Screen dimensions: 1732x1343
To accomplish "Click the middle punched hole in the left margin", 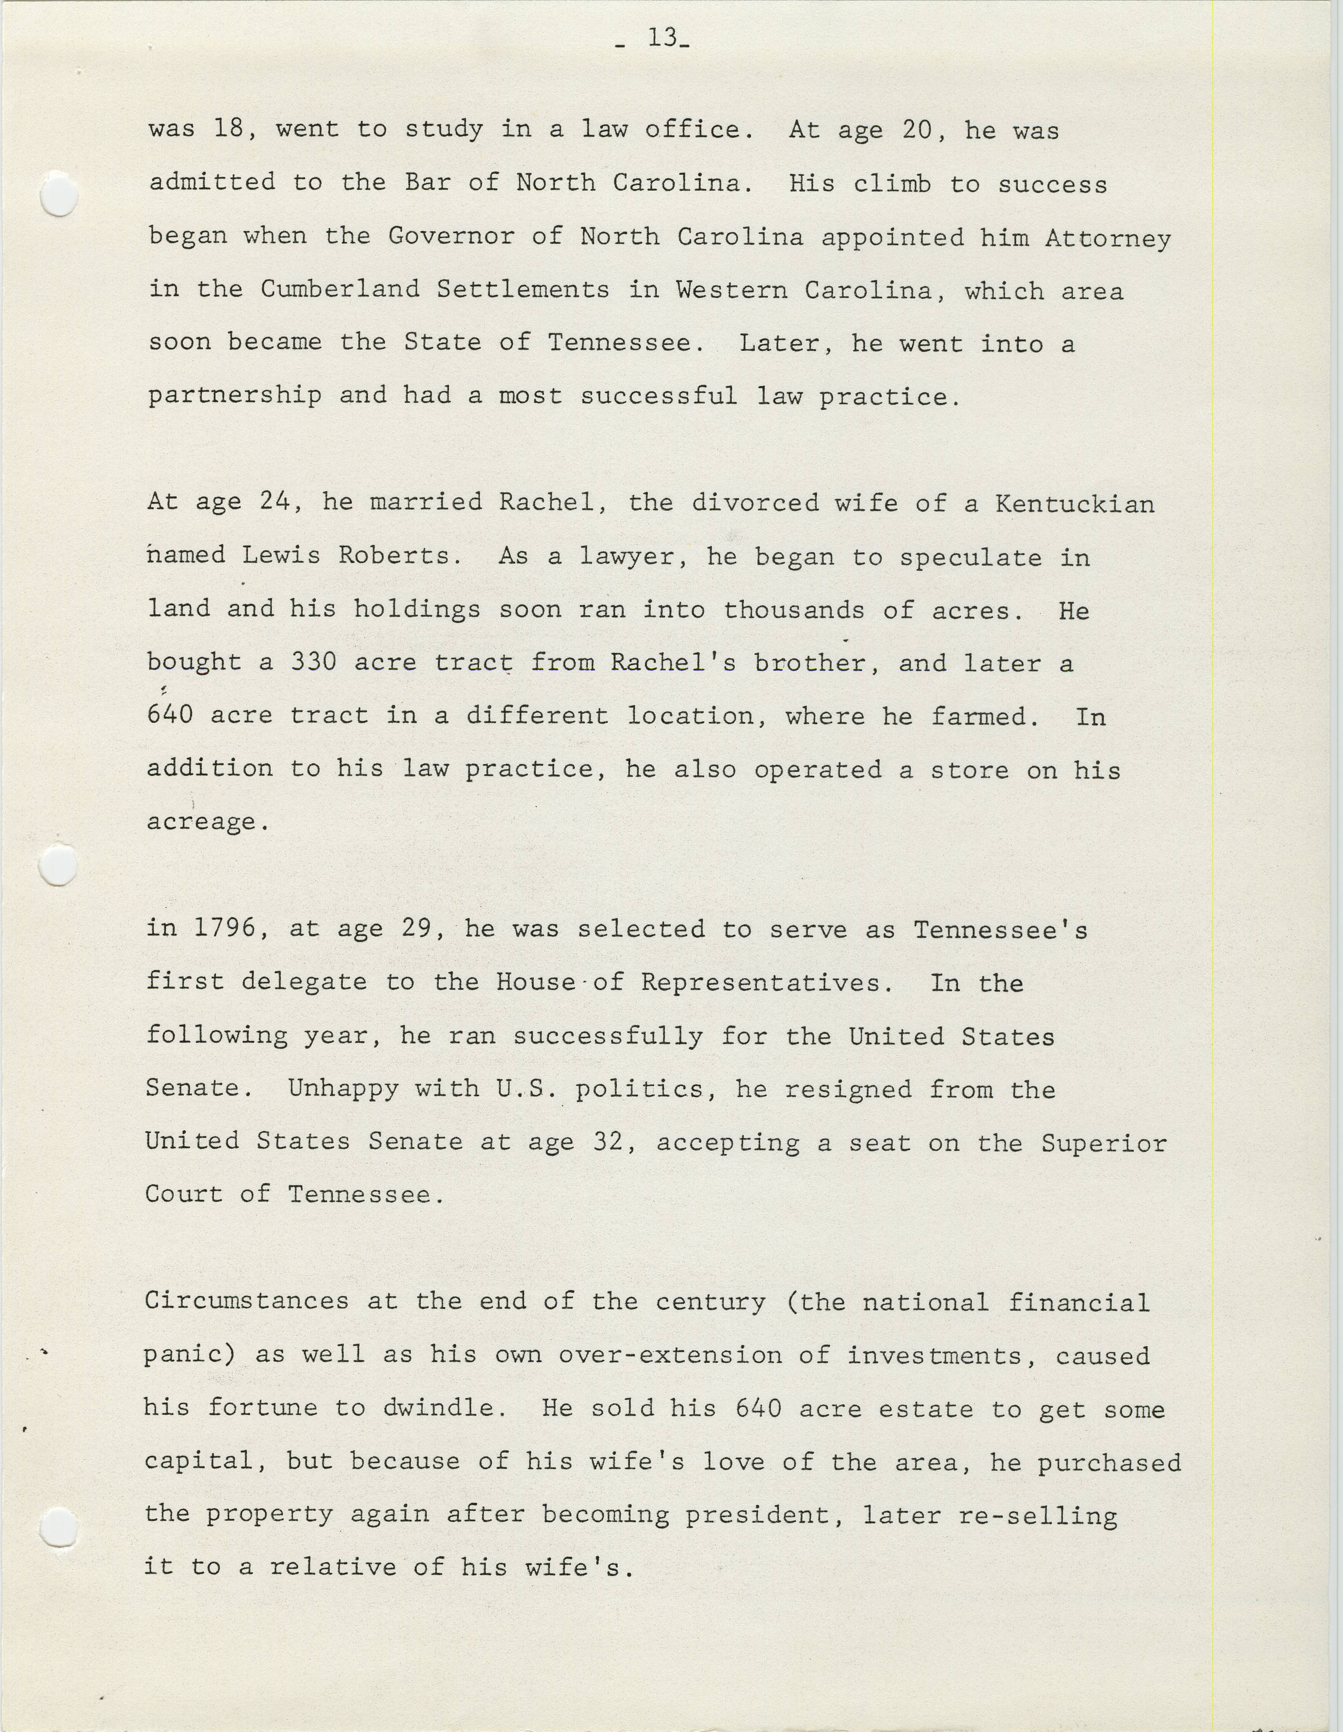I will tap(58, 864).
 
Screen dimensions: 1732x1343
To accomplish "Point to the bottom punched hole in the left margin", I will tap(58, 1528).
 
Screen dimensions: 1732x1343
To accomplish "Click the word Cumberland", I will tap(340, 290).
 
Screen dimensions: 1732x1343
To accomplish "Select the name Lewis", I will tap(281, 555).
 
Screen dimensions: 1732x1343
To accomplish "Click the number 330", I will tap(314, 662).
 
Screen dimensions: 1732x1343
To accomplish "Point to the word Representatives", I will tap(761, 982).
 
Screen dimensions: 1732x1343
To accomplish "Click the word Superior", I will tap(1103, 1143).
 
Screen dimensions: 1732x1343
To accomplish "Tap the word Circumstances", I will tap(246, 1302).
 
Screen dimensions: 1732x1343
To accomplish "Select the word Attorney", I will tap(1108, 238).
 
